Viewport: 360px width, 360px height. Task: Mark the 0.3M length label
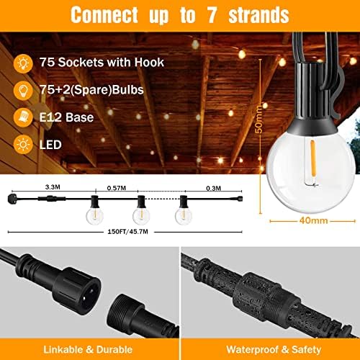(214, 187)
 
